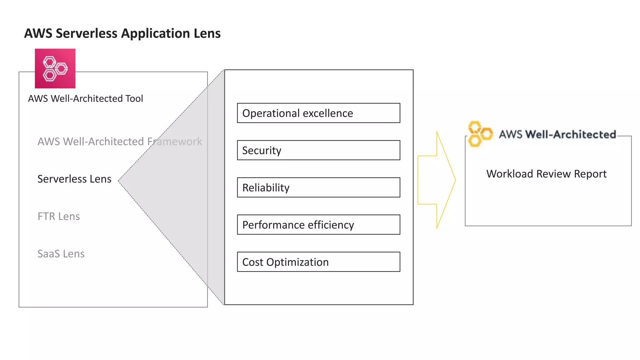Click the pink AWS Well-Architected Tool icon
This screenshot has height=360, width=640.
coord(55,68)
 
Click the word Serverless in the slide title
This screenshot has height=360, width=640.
coord(86,33)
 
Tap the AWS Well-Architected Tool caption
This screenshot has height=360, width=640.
coord(85,99)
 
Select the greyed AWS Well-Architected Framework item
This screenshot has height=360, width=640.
coord(120,142)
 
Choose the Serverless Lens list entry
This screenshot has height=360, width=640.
coord(74,179)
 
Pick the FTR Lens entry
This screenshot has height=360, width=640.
coord(59,217)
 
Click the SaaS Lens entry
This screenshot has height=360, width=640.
coord(61,254)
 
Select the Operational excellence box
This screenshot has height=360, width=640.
coord(318,113)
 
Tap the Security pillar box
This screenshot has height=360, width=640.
coord(318,150)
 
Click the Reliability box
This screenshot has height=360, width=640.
coord(318,187)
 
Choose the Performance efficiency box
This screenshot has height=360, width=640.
coord(318,225)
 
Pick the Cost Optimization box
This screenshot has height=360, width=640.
coord(318,262)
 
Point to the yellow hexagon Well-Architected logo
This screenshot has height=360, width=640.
coord(479,134)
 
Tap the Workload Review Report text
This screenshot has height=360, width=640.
coord(546,174)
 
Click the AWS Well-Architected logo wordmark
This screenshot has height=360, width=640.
coord(557,134)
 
